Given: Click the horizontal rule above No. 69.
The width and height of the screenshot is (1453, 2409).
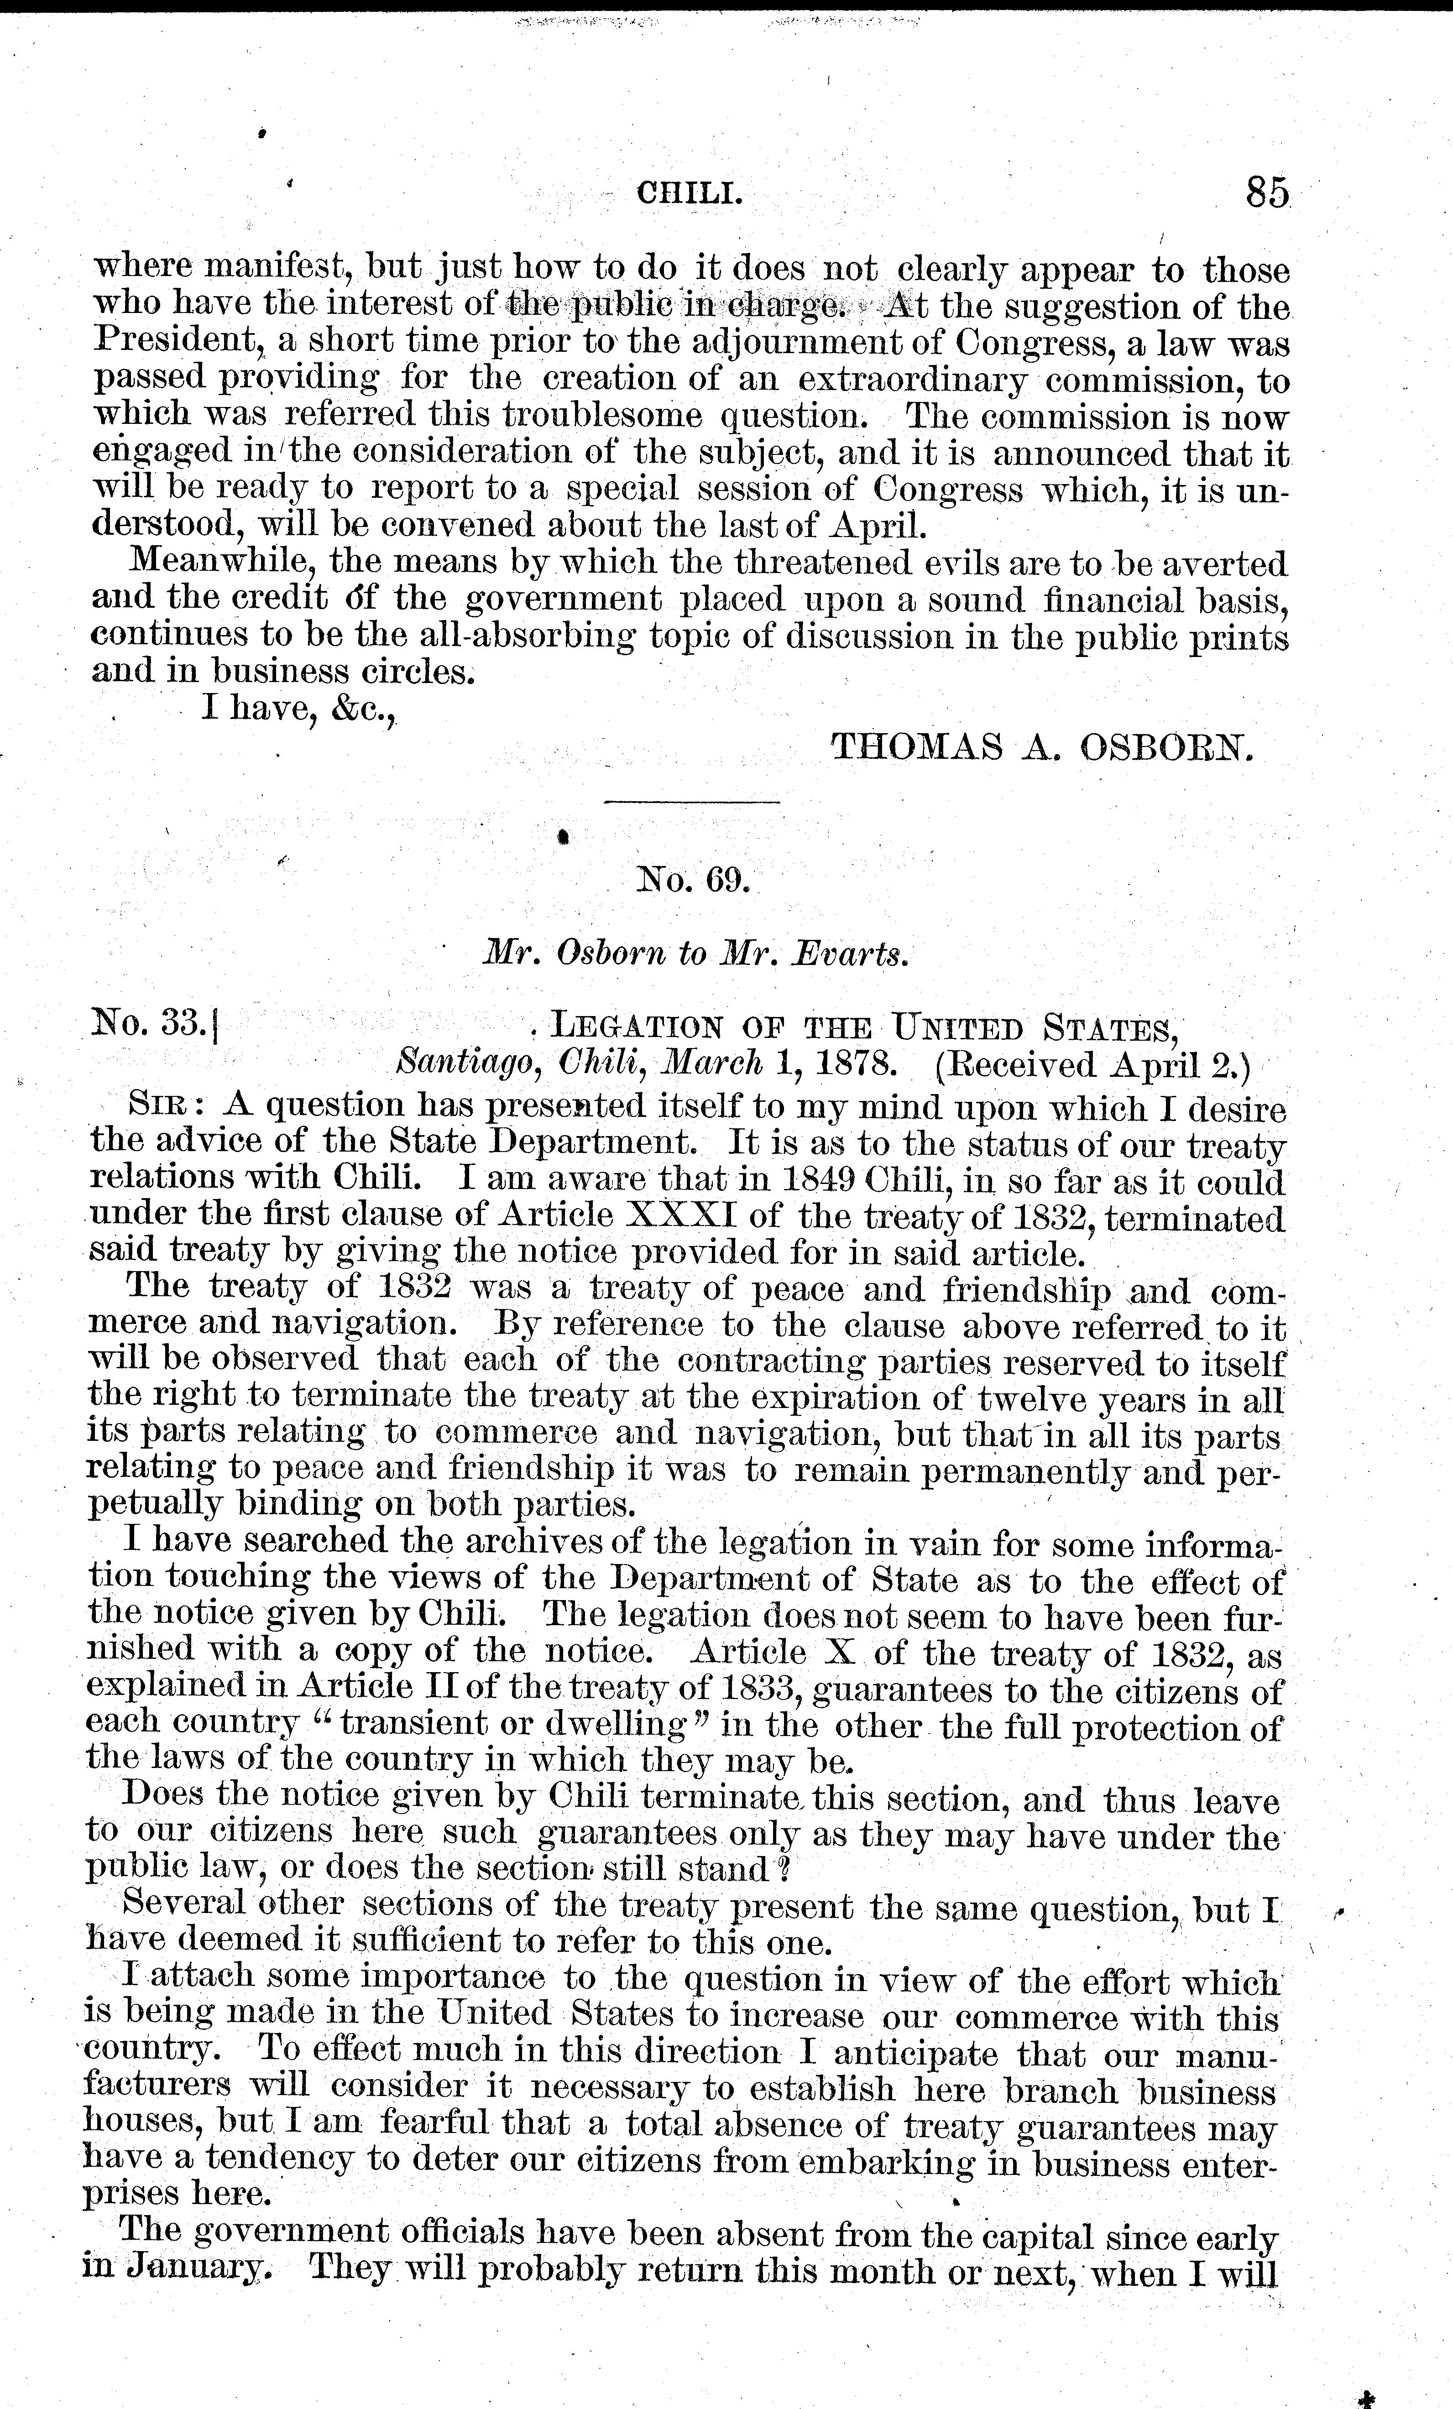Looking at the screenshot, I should pos(692,803).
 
